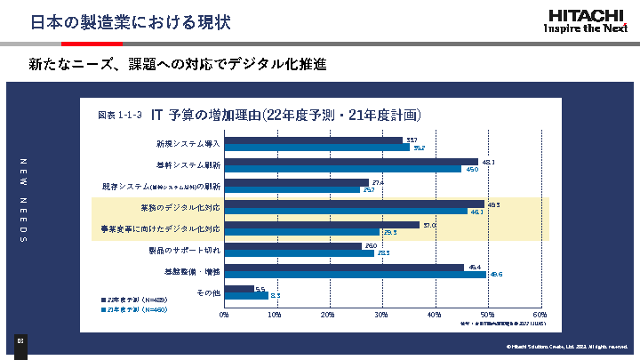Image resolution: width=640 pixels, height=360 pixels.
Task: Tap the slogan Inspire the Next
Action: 587,27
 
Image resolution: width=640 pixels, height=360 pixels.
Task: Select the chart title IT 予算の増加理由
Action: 284,116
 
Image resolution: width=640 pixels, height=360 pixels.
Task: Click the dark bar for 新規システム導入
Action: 314,140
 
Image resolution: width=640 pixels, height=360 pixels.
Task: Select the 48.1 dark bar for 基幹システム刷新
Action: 351,162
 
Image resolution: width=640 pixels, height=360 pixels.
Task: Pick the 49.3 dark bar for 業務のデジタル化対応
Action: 355,204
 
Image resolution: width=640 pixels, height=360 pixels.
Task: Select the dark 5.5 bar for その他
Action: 239,289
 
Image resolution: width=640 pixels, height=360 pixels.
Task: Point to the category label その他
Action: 207,292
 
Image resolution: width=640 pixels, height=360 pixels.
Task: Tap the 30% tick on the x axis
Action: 382,314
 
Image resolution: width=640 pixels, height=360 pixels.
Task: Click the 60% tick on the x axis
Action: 540,314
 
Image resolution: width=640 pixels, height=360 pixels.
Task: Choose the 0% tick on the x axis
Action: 225,314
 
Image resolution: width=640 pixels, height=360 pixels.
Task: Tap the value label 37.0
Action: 428,225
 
